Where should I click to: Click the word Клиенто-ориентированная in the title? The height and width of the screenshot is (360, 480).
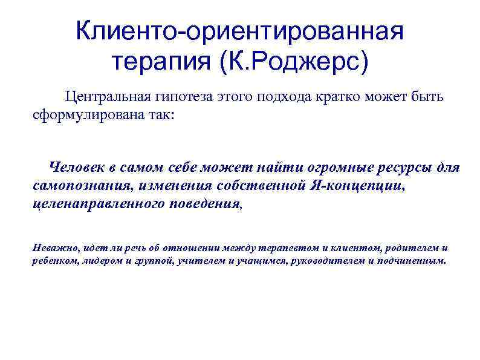coord(239,31)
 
